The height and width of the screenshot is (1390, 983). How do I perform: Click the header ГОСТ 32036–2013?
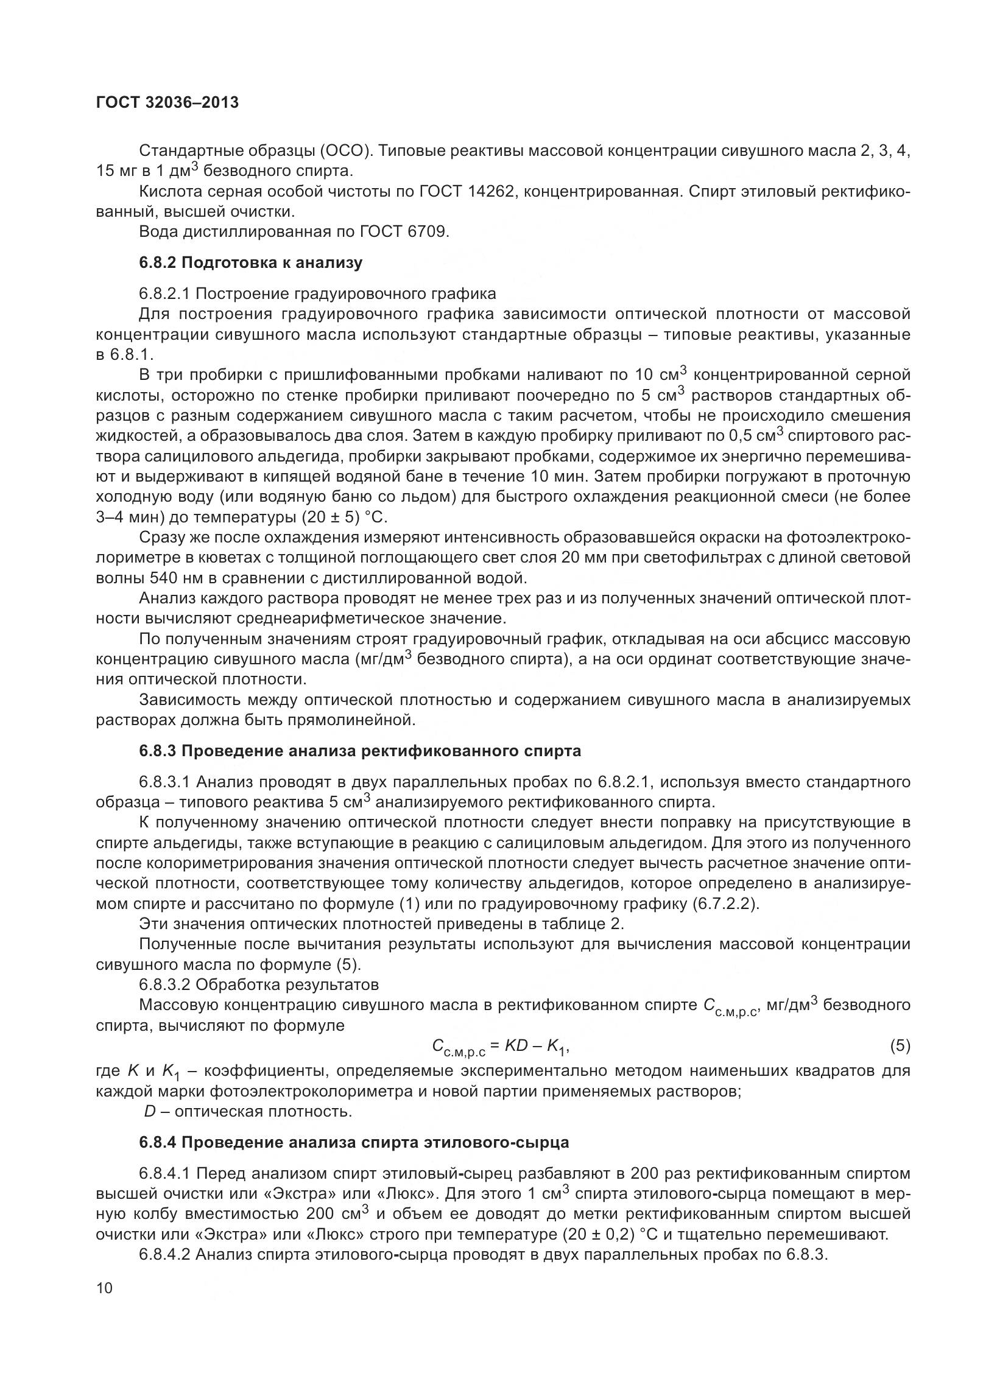pyautogui.click(x=167, y=103)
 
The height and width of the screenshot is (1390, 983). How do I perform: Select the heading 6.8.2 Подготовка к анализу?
pyautogui.click(x=250, y=263)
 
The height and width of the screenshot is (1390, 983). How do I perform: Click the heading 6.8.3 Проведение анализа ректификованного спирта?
pyautogui.click(x=359, y=751)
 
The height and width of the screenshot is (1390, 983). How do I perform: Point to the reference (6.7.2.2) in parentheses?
pyautogui.click(x=725, y=903)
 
